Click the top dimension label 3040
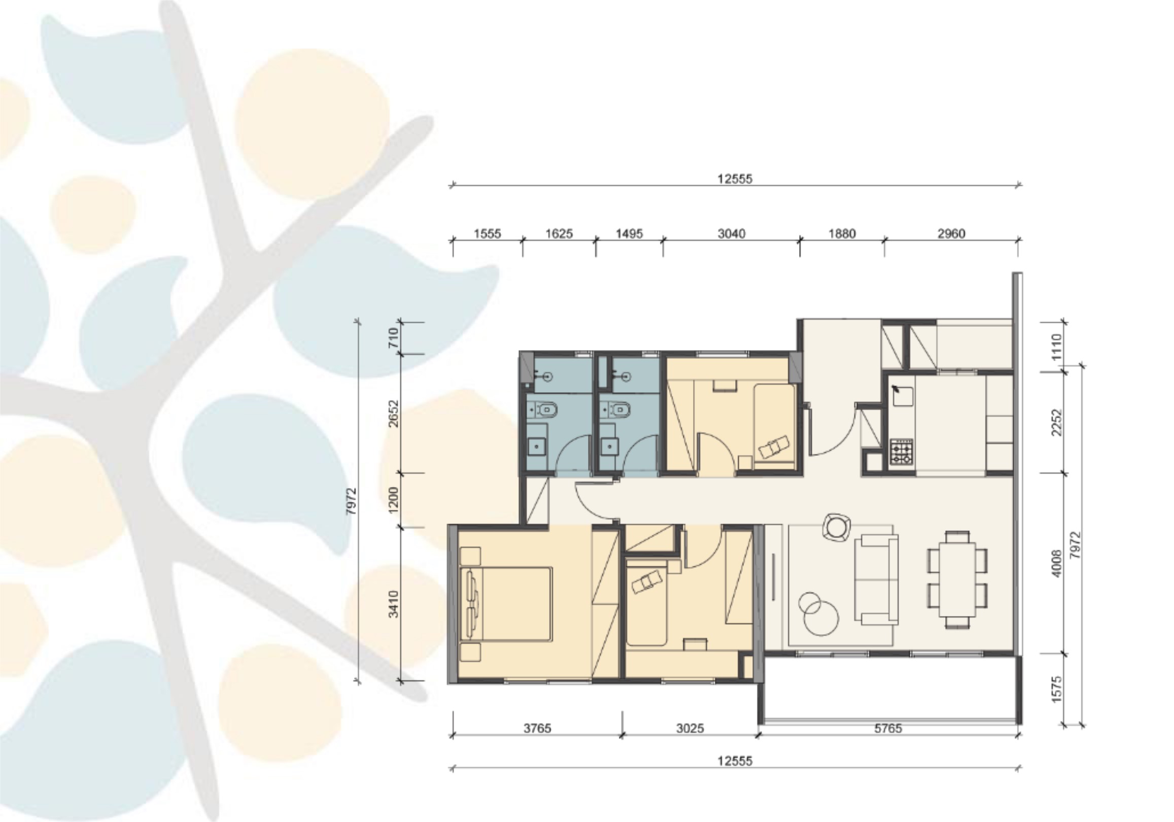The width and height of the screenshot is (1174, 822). (731, 234)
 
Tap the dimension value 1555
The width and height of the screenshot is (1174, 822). (487, 234)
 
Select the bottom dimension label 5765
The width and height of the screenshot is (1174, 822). (888, 729)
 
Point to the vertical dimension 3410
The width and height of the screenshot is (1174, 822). (393, 604)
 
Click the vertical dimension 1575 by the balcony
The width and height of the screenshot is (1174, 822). (1057, 689)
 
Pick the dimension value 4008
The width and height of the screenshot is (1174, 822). (1057, 563)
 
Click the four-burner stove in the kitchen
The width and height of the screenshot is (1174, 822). (901, 451)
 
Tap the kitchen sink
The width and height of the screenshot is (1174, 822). (903, 396)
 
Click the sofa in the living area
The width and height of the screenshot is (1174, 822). (879, 579)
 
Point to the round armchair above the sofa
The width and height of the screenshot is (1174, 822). (837, 527)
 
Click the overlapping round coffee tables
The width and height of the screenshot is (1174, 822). (818, 613)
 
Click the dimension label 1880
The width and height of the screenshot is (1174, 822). (842, 234)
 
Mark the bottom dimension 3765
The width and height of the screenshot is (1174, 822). (537, 729)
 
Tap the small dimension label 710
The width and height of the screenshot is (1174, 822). (393, 337)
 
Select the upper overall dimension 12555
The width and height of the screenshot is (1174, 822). (735, 179)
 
